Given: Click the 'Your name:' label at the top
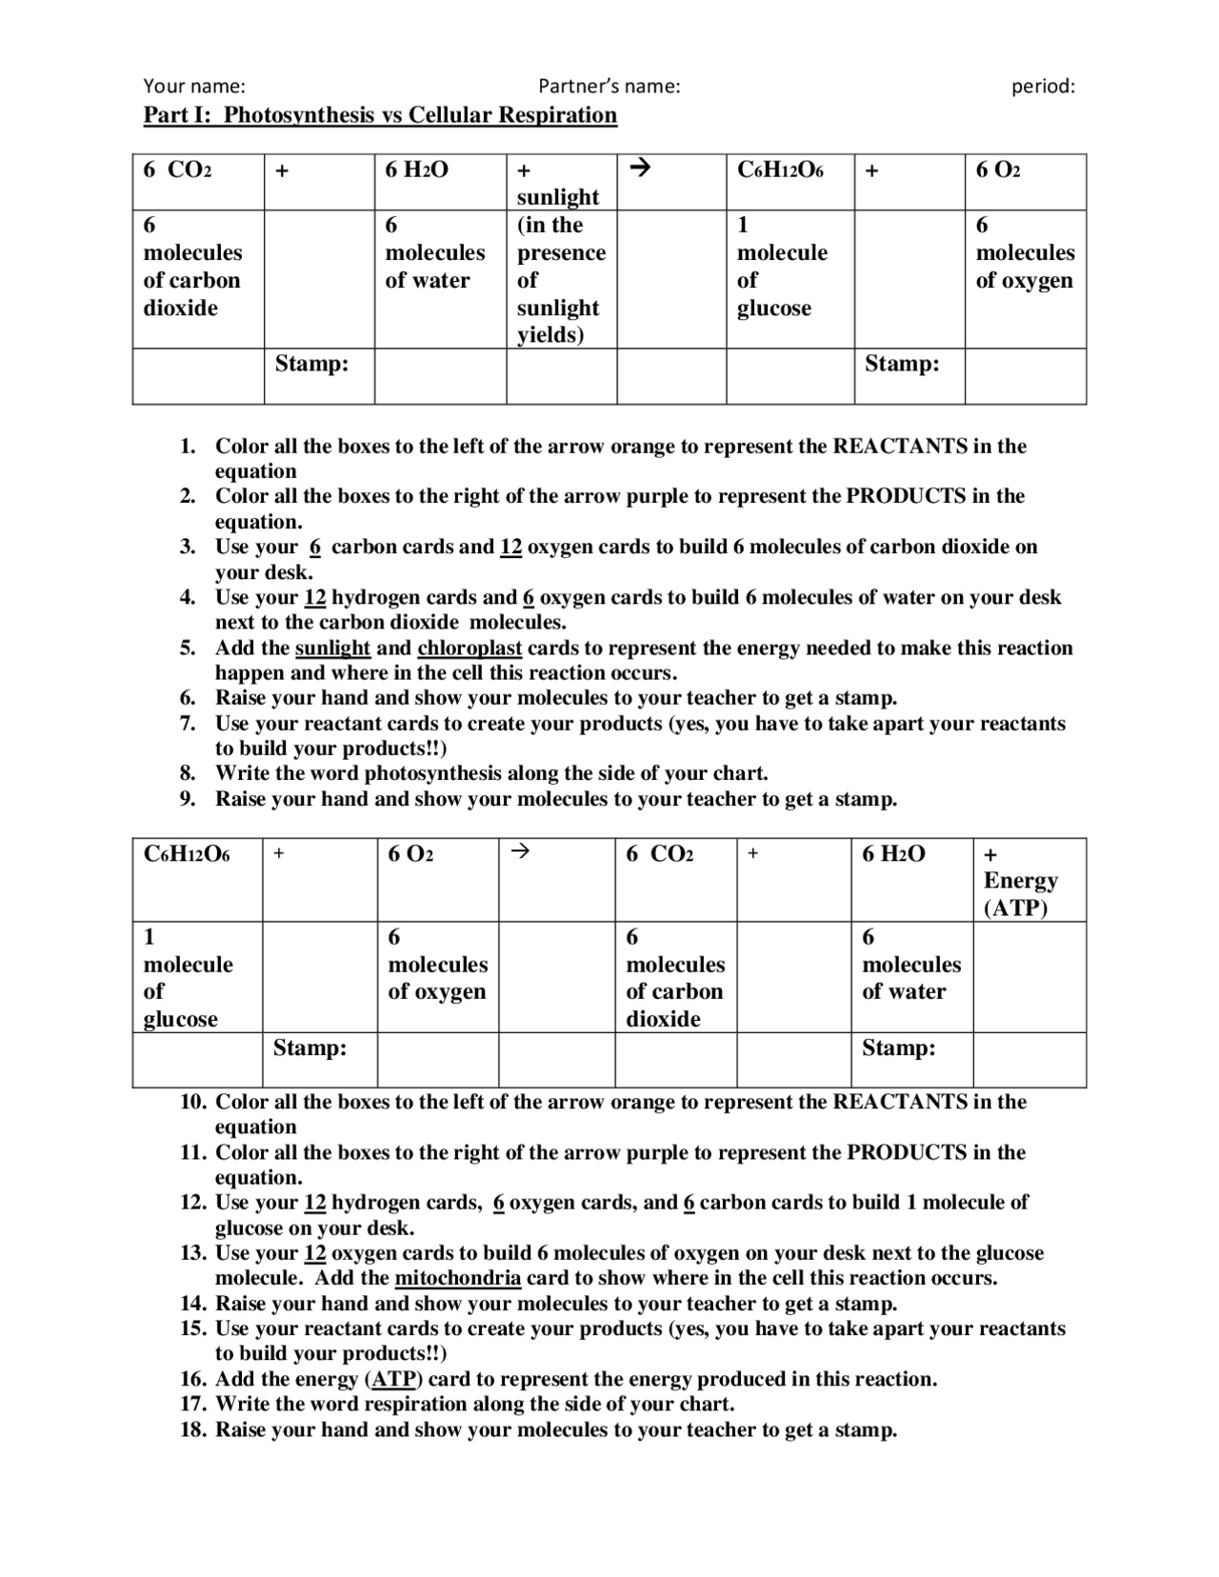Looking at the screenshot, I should (194, 86).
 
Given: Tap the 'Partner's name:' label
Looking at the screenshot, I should (609, 86).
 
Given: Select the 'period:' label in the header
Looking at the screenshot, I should (1043, 86).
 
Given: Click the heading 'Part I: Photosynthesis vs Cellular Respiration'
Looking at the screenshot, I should (380, 115).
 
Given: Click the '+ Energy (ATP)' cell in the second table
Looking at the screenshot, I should (1021, 880).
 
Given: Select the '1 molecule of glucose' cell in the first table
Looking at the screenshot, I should (782, 267).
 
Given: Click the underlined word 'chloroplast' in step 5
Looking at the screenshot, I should (470, 649).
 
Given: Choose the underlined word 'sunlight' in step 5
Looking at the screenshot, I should (332, 649).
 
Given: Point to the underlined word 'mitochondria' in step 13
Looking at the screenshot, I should (457, 1278).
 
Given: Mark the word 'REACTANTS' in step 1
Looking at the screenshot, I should (900, 447).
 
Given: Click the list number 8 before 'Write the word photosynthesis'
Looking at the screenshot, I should (189, 773).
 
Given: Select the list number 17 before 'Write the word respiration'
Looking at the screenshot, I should (194, 1404).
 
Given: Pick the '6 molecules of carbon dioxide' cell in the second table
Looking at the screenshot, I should (674, 978).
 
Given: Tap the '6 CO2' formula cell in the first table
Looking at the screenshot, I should (178, 170).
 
